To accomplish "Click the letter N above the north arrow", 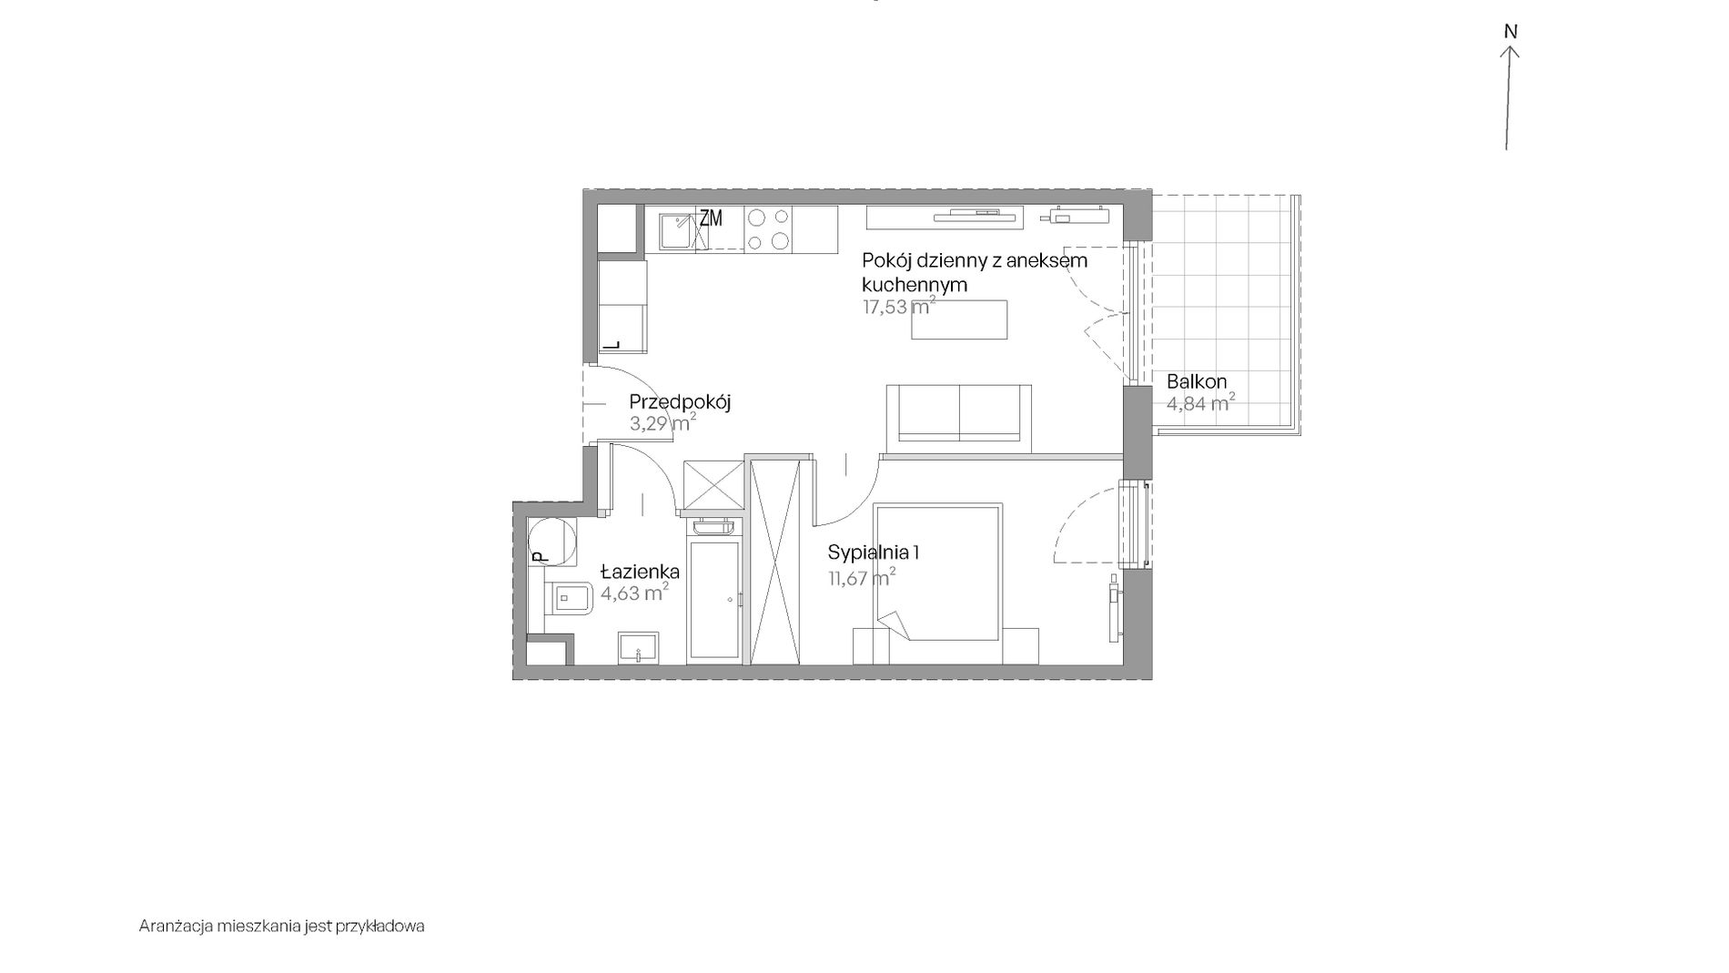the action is coord(1511,32).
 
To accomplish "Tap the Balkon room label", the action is coord(1197,381).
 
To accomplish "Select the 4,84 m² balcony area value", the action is coord(1200,402).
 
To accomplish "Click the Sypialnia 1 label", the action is coord(874,552).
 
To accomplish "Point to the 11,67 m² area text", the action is coord(862,577).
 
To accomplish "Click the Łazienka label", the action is coord(641,572).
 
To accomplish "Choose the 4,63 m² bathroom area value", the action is coord(635,593).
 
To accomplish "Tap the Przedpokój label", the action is coord(681,402).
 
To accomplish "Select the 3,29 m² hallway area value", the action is coord(663,423).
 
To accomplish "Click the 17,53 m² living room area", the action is coord(899,307).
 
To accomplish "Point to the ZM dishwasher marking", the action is coord(711,218).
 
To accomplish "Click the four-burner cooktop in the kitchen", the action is coord(768,228).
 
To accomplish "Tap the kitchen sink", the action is coord(677,231).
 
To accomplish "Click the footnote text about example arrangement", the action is coord(282,927).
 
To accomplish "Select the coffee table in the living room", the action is coord(960,319).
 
